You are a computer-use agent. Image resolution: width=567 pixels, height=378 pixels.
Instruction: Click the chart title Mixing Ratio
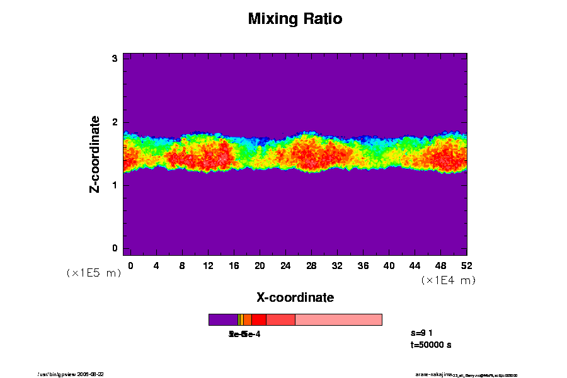295,19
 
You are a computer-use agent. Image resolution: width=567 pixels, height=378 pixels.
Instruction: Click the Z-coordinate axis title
95,154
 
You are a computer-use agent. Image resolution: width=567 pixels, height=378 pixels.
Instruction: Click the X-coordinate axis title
295,297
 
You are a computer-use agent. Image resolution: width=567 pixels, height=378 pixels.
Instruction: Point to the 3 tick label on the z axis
115,59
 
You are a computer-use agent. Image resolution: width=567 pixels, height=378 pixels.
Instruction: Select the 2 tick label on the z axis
115,122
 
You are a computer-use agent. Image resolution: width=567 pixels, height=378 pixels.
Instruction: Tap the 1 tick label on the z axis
115,185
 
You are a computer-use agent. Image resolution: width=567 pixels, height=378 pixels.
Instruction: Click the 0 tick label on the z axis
115,248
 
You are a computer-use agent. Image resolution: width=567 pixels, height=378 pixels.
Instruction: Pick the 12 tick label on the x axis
208,265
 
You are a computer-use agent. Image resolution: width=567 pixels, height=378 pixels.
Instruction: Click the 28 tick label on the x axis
311,265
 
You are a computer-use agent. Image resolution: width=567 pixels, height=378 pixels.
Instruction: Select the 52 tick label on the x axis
466,265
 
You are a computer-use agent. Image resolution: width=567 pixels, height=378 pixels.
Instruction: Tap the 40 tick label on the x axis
389,265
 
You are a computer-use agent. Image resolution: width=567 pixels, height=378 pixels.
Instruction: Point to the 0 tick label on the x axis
130,265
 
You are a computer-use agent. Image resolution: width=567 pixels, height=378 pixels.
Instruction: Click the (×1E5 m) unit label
94,273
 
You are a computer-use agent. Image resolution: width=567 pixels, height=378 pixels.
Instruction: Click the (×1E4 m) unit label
448,280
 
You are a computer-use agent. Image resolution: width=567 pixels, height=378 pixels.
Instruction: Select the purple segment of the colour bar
223,319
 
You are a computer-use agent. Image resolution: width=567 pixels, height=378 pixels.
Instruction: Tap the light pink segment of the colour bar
338,319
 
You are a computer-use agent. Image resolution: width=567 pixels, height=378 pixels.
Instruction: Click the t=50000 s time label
430,345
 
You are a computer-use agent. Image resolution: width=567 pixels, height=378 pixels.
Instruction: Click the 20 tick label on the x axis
260,265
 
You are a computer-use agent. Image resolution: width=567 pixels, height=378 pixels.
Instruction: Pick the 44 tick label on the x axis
415,265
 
